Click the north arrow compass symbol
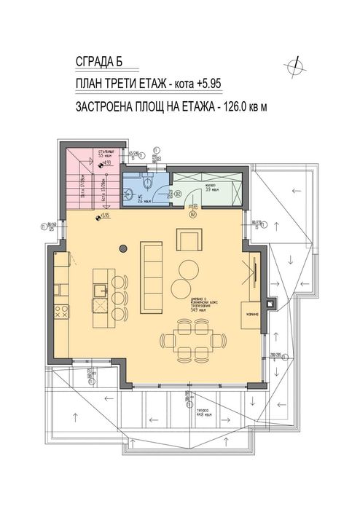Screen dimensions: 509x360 297,66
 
